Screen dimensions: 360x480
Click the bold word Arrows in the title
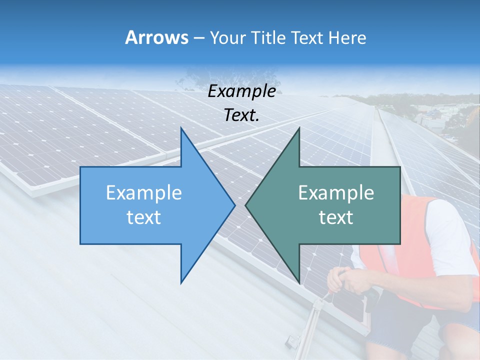(x=156, y=37)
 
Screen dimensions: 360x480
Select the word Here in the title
(x=347, y=38)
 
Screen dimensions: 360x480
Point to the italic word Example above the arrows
(x=241, y=91)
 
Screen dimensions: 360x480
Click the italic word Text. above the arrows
(x=241, y=115)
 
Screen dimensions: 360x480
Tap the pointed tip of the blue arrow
(x=233, y=205)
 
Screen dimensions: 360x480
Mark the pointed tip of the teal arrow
(x=247, y=205)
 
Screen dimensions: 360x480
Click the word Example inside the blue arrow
(x=143, y=193)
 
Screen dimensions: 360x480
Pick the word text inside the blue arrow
(x=143, y=217)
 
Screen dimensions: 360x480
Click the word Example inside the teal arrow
(x=335, y=193)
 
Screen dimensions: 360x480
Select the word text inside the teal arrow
(x=335, y=217)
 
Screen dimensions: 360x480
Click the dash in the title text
(x=198, y=38)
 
